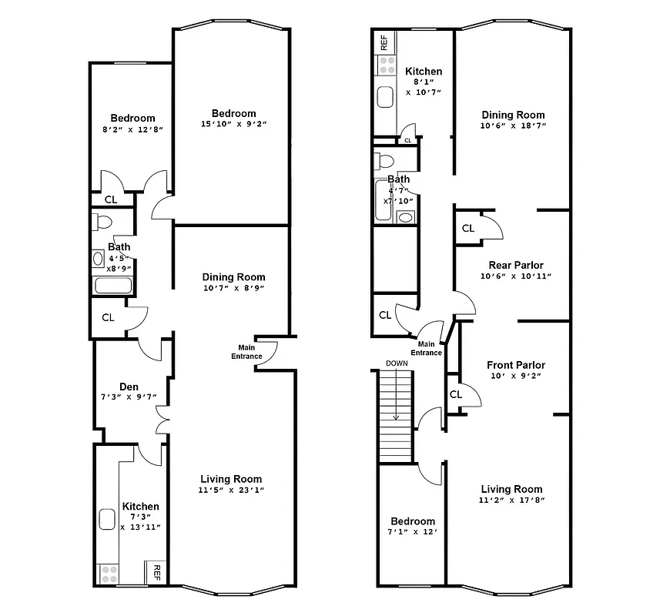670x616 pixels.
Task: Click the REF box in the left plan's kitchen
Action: tap(156, 572)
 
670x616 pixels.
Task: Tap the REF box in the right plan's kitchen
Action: tap(384, 42)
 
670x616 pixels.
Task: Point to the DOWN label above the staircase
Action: tap(397, 363)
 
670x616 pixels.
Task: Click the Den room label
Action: tap(129, 387)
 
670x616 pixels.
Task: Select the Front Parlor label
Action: tap(516, 365)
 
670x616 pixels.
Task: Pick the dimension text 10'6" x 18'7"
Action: tap(513, 126)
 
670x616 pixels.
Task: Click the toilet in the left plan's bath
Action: tap(102, 223)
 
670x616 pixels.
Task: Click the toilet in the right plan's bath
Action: tap(384, 161)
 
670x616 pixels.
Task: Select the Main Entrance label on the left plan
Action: tap(246, 352)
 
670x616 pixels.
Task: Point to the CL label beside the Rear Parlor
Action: tap(468, 229)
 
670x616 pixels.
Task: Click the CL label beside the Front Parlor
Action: tap(455, 394)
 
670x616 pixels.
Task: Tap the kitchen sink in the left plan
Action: tap(106, 519)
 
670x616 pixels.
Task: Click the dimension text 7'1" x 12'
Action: tap(412, 532)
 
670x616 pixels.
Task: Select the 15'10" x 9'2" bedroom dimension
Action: tap(234, 124)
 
